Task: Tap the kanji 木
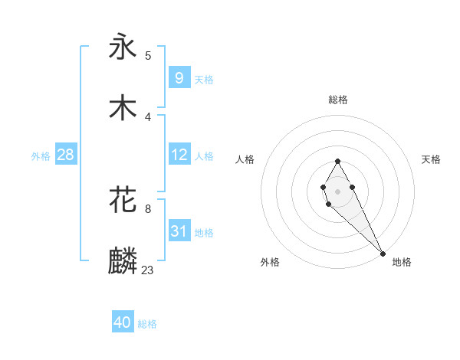(x=123, y=107)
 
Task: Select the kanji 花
(x=123, y=201)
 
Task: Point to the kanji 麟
(x=123, y=261)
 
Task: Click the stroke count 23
(x=148, y=269)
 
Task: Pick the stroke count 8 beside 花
(x=148, y=208)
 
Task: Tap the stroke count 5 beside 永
(x=148, y=55)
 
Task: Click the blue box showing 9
(x=179, y=78)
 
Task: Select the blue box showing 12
(x=179, y=155)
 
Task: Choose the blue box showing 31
(x=179, y=231)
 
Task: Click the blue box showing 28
(x=65, y=155)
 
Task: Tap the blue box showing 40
(x=122, y=322)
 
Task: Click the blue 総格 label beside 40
(x=147, y=324)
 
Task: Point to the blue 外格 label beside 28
(x=41, y=156)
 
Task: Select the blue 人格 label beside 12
(x=204, y=156)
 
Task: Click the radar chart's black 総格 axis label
(x=337, y=100)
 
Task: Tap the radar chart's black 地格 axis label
(x=402, y=262)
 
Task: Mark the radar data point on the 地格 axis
(x=383, y=253)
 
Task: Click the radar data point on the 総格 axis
(x=337, y=161)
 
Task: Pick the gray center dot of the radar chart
(x=337, y=190)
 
